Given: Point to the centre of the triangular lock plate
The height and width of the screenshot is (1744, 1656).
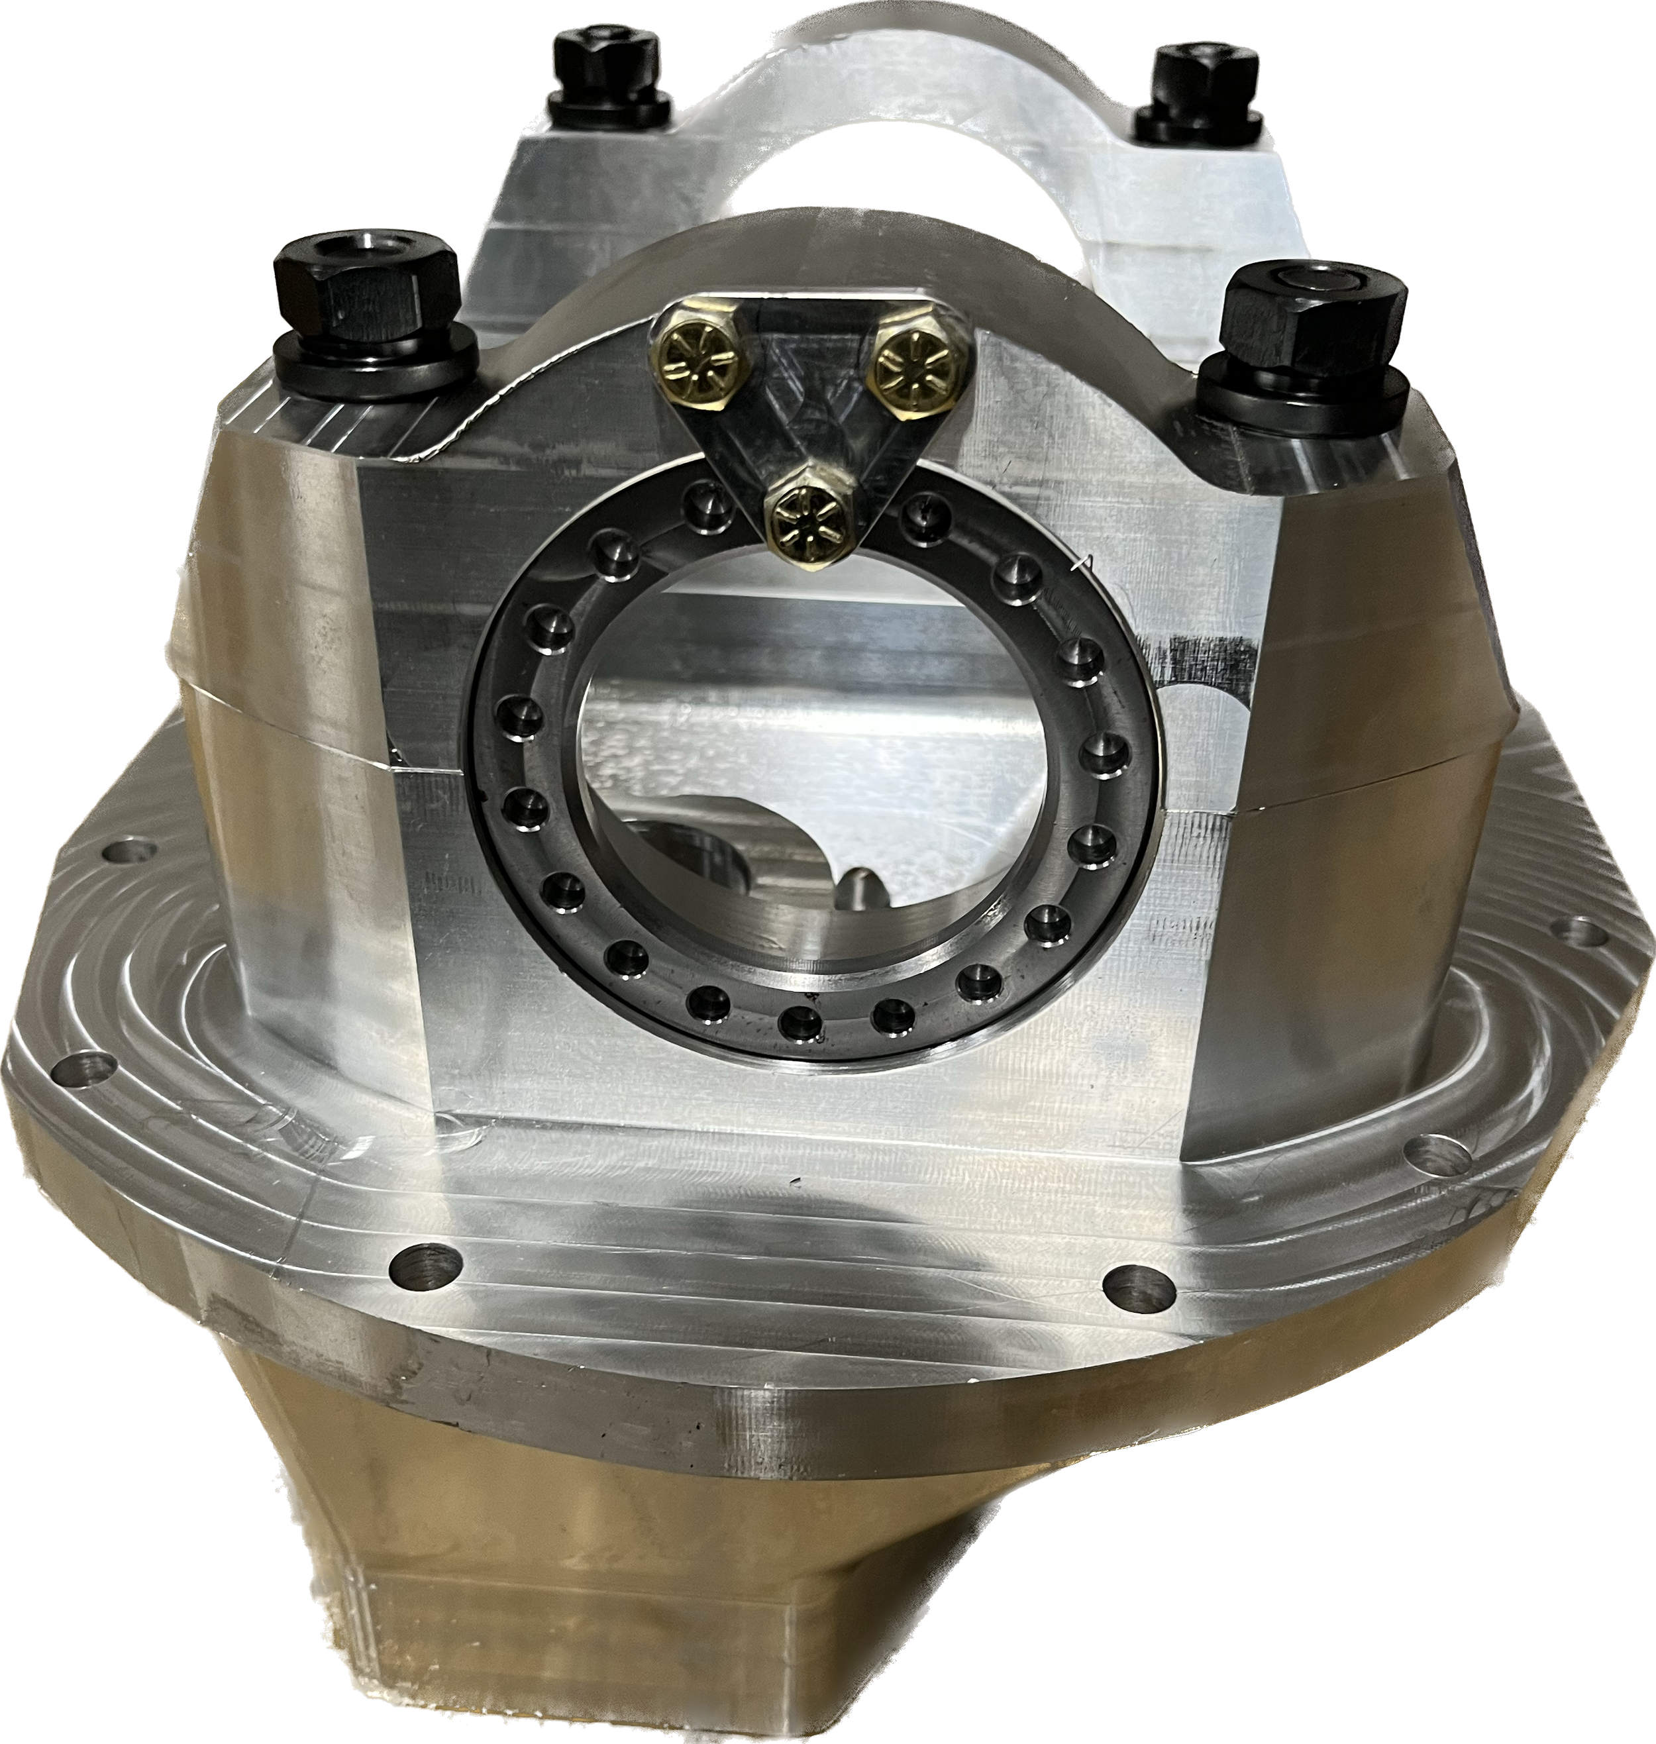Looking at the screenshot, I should coord(805,415).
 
